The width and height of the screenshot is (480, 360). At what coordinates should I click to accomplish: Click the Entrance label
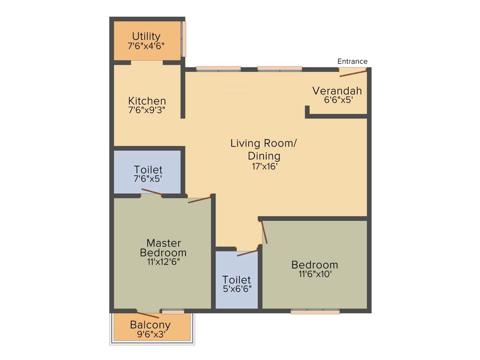(352, 61)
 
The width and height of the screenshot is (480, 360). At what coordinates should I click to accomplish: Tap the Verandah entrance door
(352, 72)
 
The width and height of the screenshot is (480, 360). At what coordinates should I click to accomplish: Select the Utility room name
(146, 36)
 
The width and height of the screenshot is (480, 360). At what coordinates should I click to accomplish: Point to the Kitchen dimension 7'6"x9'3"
(147, 110)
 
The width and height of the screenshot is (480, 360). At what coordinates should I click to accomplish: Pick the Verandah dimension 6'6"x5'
(337, 100)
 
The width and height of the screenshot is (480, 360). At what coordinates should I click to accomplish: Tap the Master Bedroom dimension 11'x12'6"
(163, 262)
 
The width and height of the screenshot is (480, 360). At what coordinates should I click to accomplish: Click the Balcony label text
(150, 324)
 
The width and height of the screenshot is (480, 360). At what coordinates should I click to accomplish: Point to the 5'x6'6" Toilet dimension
(237, 289)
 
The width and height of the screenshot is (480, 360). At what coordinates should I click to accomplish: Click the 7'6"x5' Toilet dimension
(148, 178)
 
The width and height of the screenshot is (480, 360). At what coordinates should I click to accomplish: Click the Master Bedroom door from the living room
(199, 200)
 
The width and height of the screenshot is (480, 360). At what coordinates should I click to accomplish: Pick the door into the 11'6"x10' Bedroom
(264, 232)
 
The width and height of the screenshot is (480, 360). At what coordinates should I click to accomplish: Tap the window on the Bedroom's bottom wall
(315, 311)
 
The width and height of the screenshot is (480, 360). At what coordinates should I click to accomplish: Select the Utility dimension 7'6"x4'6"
(146, 46)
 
